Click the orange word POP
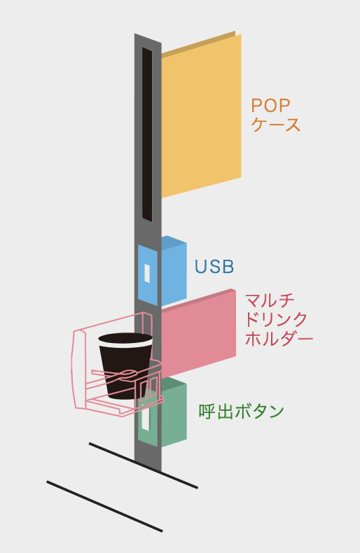[271, 105]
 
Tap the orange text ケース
[276, 125]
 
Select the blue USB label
[214, 267]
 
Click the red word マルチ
[270, 300]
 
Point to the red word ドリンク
[277, 319]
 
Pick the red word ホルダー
[279, 339]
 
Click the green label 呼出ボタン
[242, 411]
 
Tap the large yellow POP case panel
[202, 116]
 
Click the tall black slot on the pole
[147, 134]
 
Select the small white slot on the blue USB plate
[147, 273]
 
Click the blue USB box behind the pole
[174, 272]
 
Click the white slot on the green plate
[145, 419]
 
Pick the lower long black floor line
[104, 506]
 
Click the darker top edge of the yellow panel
[198, 44]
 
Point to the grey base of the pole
[148, 457]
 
